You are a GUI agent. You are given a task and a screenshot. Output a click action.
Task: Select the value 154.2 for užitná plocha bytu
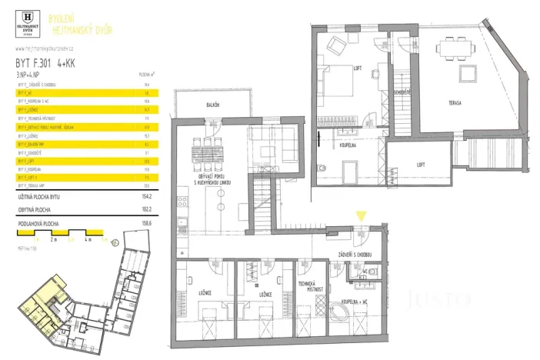[x=145, y=197]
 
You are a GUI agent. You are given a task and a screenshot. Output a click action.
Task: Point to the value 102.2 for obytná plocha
[x=145, y=207]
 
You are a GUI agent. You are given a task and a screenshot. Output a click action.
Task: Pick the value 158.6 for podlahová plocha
[x=145, y=223]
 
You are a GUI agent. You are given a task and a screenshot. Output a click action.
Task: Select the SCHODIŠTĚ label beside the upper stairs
[x=401, y=92]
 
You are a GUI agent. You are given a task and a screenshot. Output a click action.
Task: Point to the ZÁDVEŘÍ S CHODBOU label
[x=355, y=255]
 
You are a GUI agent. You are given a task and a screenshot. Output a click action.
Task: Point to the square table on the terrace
[x=467, y=74]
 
